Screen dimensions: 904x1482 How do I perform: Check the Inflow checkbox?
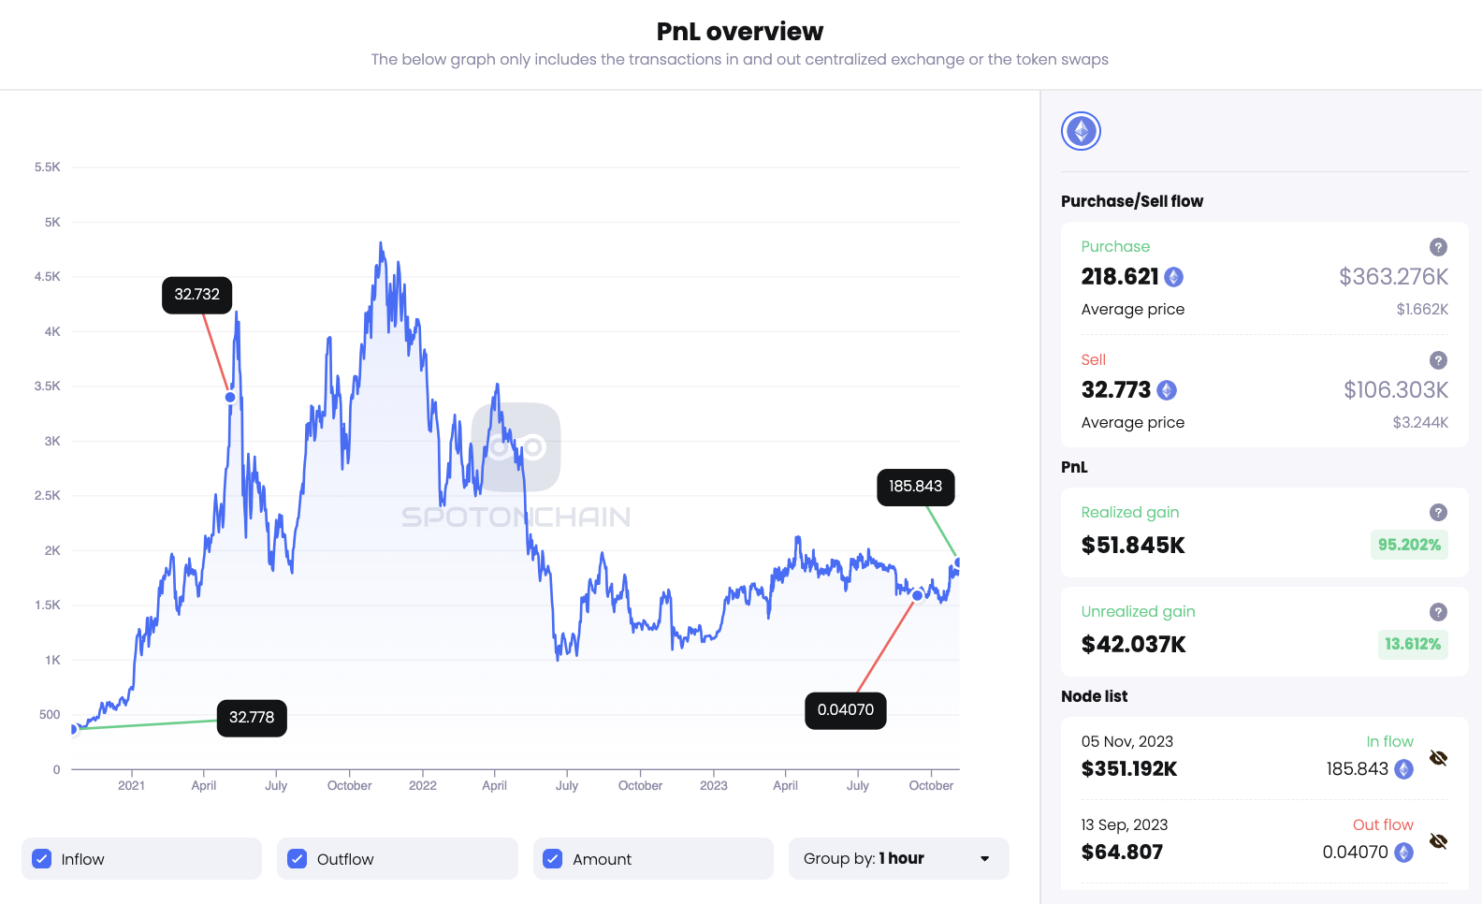coord(42,859)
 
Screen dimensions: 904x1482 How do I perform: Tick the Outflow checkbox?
coord(298,859)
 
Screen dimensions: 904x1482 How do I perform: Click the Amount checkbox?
coord(553,859)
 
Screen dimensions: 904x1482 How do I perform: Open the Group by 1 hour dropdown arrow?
coord(984,859)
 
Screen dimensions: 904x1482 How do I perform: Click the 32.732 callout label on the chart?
coord(196,295)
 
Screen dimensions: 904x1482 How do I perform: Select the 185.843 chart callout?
coord(915,487)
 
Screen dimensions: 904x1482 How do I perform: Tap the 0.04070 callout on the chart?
coord(845,710)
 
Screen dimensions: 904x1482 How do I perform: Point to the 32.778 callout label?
coord(252,718)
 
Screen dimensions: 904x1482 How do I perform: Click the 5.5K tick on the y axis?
coord(48,168)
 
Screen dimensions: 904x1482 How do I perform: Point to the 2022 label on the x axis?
coord(423,786)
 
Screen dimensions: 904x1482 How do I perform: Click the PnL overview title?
coord(739,32)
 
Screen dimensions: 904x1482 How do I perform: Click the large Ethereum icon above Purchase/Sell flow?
coord(1081,131)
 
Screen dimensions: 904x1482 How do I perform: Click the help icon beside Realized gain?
coord(1438,513)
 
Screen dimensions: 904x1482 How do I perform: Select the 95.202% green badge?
coord(1409,545)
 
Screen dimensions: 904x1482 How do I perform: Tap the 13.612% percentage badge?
coord(1413,644)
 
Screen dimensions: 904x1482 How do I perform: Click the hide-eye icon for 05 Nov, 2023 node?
coord(1438,758)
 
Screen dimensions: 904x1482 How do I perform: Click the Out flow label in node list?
coord(1383,824)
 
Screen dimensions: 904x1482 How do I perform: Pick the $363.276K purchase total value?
coord(1393,277)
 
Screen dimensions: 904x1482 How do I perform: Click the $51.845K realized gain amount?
coord(1133,546)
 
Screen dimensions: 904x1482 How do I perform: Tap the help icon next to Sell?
coord(1438,360)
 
